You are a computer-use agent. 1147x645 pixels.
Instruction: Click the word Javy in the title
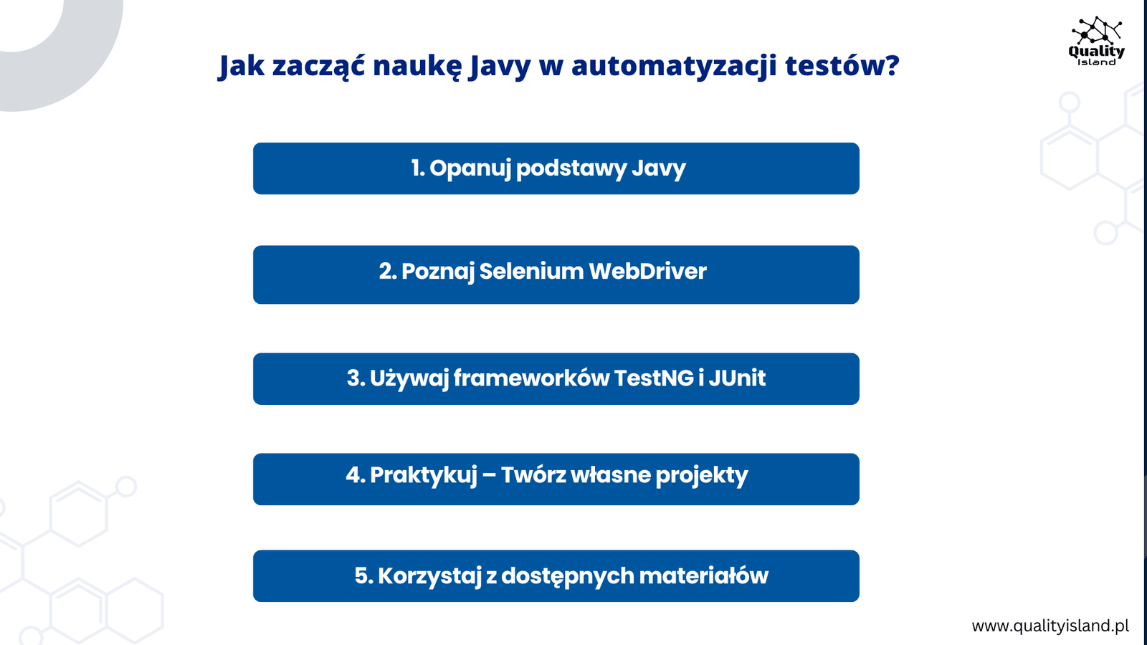point(500,67)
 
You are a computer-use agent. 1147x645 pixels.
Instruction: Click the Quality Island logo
point(1096,41)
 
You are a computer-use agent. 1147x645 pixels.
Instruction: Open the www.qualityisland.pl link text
point(1050,626)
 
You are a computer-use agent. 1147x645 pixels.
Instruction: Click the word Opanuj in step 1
point(470,168)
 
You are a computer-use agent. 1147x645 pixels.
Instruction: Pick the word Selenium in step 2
point(531,271)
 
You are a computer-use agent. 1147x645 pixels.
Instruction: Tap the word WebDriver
point(648,271)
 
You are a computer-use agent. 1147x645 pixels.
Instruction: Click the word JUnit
point(737,378)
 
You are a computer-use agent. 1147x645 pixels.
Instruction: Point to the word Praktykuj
point(424,476)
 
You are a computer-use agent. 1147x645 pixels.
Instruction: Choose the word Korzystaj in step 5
point(429,576)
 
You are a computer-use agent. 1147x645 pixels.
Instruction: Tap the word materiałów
point(703,576)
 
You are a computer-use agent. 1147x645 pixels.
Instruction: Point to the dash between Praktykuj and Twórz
point(489,476)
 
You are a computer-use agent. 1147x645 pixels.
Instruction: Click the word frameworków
point(531,378)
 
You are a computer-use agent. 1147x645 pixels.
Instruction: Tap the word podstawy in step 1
point(571,168)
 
